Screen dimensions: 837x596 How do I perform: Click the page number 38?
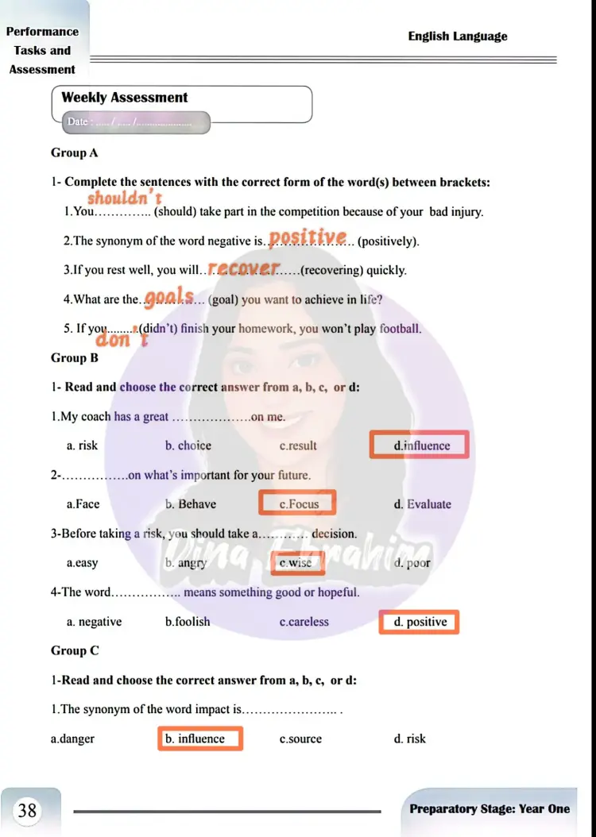(28, 810)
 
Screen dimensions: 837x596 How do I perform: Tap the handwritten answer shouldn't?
(125, 197)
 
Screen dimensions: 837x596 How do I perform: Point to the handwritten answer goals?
(170, 297)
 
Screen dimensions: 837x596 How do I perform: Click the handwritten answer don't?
(122, 339)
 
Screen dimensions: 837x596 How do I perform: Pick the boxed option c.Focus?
(298, 503)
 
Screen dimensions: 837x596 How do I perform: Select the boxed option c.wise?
(296, 563)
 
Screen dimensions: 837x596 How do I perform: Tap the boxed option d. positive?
(420, 622)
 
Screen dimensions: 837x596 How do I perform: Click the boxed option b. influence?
(200, 739)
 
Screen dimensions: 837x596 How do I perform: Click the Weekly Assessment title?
(125, 98)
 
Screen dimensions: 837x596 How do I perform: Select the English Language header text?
(457, 37)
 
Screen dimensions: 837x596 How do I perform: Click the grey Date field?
(135, 122)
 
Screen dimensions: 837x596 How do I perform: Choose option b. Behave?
(191, 504)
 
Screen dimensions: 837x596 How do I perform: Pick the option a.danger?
(72, 739)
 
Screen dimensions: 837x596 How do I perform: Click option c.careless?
(304, 622)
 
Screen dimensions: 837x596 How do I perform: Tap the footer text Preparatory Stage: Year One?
(490, 808)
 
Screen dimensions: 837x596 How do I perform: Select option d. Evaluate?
(422, 504)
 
